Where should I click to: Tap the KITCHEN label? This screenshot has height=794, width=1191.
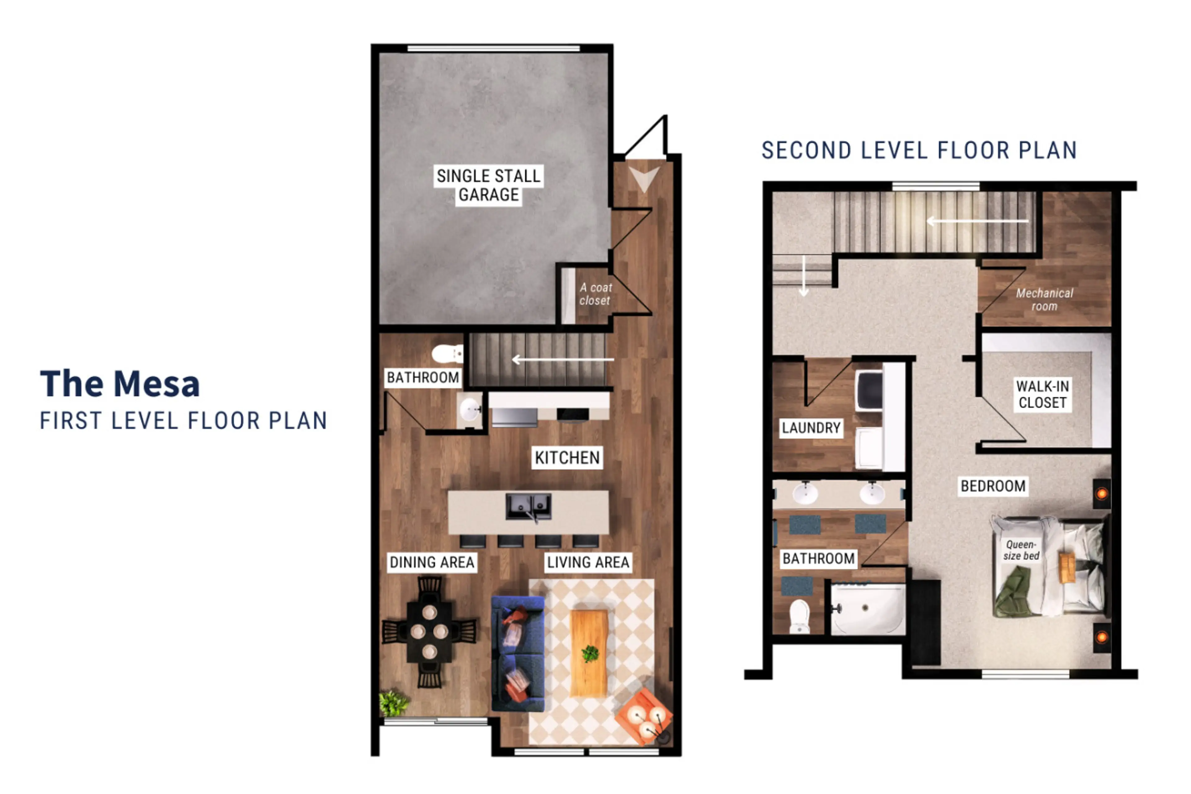point(567,458)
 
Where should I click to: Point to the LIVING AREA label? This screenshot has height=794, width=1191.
point(588,562)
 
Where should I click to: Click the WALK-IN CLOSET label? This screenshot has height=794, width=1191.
point(1043,395)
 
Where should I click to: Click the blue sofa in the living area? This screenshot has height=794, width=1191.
point(518,654)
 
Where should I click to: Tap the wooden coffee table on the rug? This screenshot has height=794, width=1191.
point(589,653)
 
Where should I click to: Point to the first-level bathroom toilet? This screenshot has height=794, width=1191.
point(447,354)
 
